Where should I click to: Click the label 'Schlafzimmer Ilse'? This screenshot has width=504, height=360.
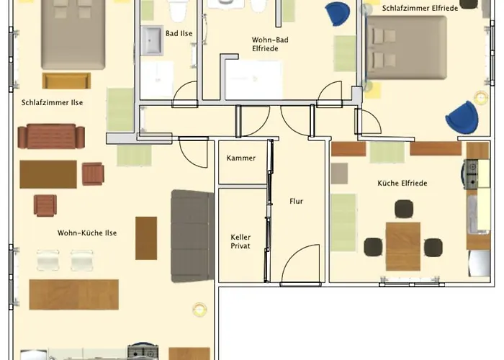click(52, 102)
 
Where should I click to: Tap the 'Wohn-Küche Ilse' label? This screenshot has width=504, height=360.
click(87, 233)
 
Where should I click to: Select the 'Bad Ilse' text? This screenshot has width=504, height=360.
click(179, 33)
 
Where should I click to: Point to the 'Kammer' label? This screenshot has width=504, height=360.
click(240, 158)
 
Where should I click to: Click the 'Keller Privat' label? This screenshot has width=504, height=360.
click(240, 241)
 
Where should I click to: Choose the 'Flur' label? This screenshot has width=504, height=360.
click(296, 201)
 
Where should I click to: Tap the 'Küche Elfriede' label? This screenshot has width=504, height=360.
click(402, 183)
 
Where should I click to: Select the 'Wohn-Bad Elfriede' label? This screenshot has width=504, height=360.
click(270, 44)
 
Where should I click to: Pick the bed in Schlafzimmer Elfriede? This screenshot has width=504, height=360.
click(406, 47)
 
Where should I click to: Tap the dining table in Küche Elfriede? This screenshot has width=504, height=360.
click(402, 246)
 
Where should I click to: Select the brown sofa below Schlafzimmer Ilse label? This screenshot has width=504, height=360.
click(51, 136)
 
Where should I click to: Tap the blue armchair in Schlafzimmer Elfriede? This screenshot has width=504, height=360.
click(461, 117)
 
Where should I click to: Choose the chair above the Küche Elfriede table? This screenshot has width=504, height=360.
click(403, 210)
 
